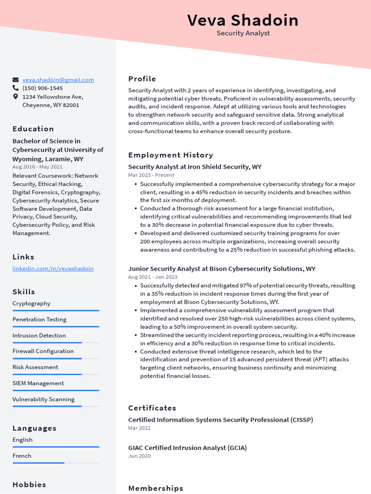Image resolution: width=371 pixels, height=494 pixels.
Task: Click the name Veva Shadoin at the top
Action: point(243,20)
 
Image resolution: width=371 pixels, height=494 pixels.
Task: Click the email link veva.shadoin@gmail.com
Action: point(58,80)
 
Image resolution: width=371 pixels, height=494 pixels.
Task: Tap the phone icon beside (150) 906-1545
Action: point(15,88)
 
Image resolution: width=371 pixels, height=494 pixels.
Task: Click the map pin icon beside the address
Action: point(15,97)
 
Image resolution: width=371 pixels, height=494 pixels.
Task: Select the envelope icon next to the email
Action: point(15,80)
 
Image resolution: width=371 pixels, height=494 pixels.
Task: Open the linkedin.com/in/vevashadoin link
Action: point(53,268)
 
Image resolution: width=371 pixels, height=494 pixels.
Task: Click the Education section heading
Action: point(33,129)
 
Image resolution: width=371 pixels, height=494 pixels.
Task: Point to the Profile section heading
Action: point(142,79)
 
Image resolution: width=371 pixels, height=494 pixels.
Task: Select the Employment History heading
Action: point(171,155)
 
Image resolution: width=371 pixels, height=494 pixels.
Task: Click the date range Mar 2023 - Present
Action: point(151,175)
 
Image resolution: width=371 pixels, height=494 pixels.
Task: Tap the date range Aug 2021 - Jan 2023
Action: point(153,277)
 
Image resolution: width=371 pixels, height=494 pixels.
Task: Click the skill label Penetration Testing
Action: point(39,319)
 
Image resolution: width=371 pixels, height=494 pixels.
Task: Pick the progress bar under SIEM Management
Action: point(56,390)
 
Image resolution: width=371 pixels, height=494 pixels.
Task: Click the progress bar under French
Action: point(56,463)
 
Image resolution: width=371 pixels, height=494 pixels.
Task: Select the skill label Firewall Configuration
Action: point(43,351)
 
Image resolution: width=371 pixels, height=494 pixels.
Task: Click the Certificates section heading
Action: point(152,408)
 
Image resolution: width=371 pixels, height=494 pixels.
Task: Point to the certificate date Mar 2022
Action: point(139,428)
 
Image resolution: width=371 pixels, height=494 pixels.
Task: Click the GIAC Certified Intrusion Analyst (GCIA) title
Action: point(187,448)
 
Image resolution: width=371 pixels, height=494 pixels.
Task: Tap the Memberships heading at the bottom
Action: point(156,488)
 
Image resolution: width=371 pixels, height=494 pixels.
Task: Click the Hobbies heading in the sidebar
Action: point(29,484)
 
